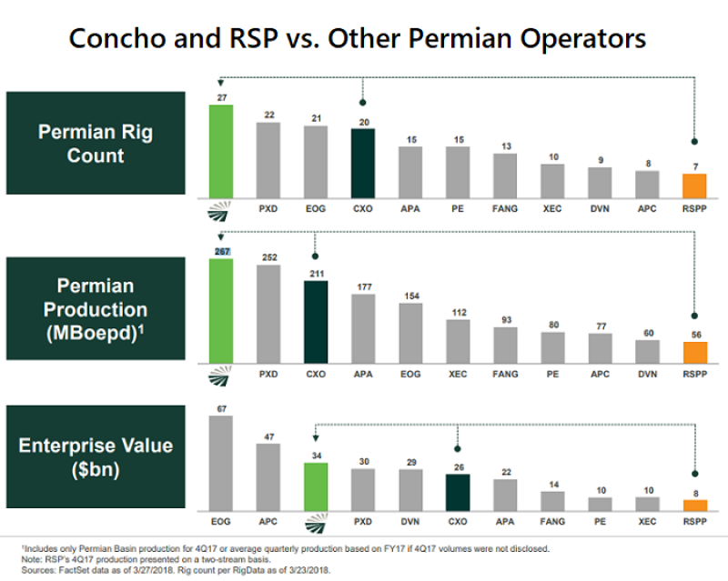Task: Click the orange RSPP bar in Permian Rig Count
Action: click(x=694, y=186)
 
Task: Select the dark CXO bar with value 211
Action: click(x=315, y=321)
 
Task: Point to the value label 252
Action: click(x=268, y=257)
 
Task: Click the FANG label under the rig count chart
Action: click(x=505, y=209)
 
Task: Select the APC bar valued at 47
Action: click(x=268, y=476)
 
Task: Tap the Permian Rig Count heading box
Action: click(x=96, y=144)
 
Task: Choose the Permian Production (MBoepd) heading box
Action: click(x=96, y=310)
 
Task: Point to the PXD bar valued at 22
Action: click(x=268, y=160)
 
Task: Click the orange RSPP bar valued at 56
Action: click(x=694, y=352)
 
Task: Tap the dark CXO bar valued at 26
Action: click(x=458, y=492)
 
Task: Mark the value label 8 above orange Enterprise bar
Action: click(x=694, y=493)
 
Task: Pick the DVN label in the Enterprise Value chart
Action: click(x=410, y=521)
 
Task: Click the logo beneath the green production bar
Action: click(x=221, y=372)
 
